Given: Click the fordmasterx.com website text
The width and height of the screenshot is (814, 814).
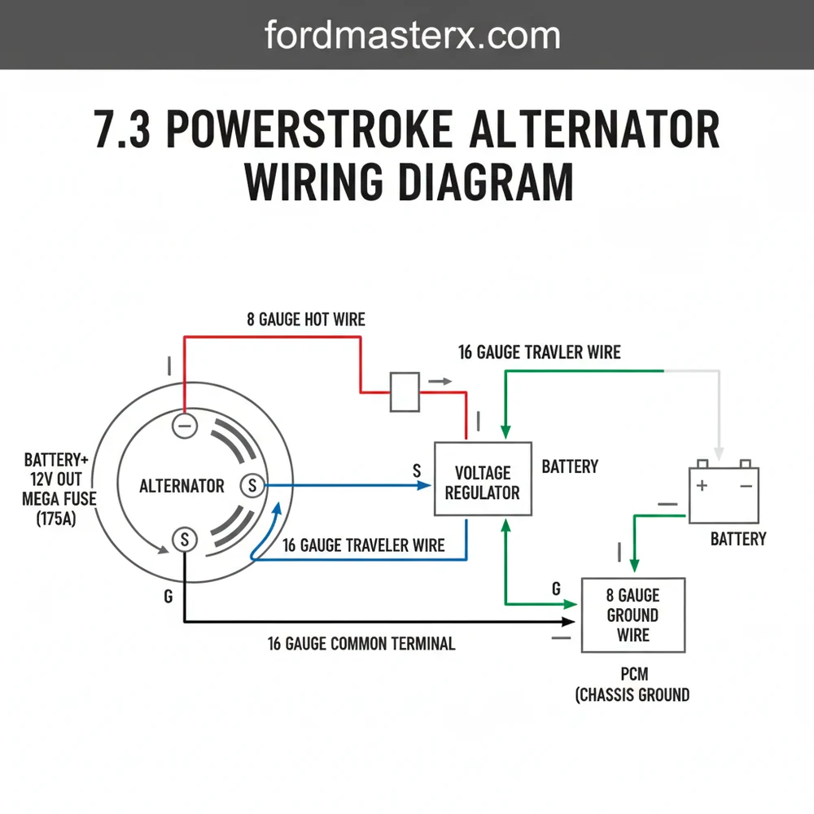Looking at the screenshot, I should pos(413,36).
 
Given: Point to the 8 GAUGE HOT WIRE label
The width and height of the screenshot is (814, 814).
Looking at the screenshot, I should pos(306,320).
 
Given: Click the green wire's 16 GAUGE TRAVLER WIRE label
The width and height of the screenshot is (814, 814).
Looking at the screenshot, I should pos(539,352).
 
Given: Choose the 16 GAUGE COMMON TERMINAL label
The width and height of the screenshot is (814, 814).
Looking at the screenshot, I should pos(361,644).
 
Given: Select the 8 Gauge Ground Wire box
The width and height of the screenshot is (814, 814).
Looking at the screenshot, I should pos(632,615).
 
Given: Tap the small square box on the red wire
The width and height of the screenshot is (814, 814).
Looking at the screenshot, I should pos(405,392).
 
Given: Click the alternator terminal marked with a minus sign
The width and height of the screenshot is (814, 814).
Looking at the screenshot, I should pos(184,426).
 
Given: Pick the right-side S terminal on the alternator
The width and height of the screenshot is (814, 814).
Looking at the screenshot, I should pos(252,486).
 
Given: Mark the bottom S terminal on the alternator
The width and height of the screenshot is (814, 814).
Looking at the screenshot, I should pos(185,538).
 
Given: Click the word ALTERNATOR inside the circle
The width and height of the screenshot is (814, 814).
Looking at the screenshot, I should pos(182,487).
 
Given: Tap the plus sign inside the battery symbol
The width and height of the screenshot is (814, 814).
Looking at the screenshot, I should pos(702,486).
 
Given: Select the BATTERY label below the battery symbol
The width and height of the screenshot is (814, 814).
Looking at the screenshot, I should pos(738,539).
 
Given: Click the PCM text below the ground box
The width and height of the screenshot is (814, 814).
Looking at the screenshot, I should pos(632,674).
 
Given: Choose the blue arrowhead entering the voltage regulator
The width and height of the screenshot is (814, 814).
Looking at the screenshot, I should pos(424,486).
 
